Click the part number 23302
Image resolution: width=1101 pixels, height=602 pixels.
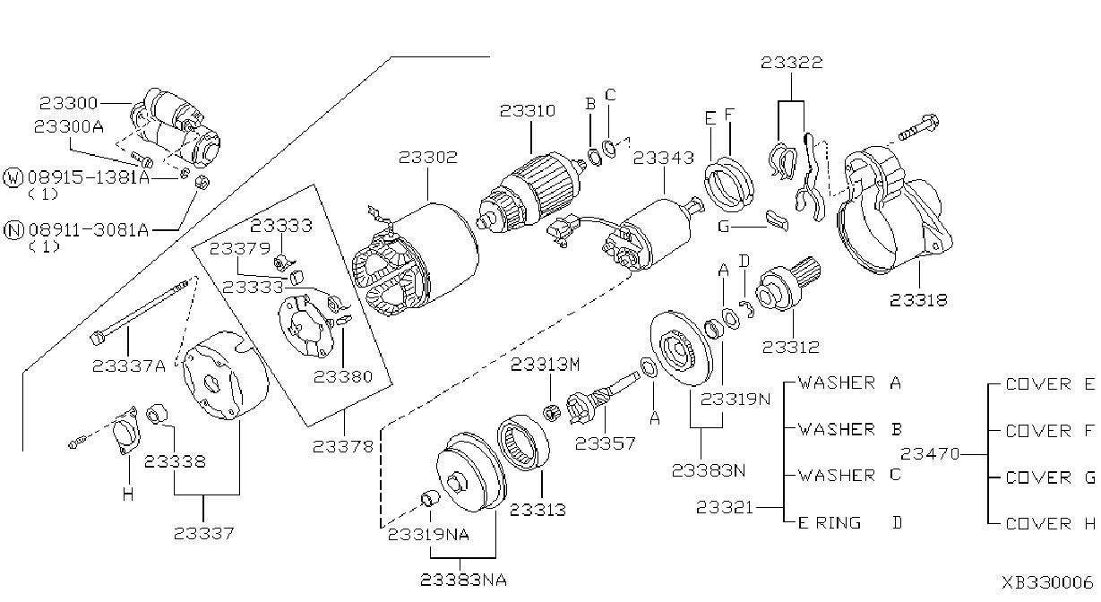427,158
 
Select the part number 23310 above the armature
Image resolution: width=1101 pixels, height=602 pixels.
528,111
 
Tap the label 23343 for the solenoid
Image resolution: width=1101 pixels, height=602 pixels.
664,159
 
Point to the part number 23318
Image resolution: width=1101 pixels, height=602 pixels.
918,300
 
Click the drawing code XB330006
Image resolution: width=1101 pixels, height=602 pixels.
1047,582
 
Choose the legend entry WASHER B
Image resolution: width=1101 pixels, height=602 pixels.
850,429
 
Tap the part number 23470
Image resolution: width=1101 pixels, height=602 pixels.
930,454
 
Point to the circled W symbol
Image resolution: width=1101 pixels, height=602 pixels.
13,177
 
